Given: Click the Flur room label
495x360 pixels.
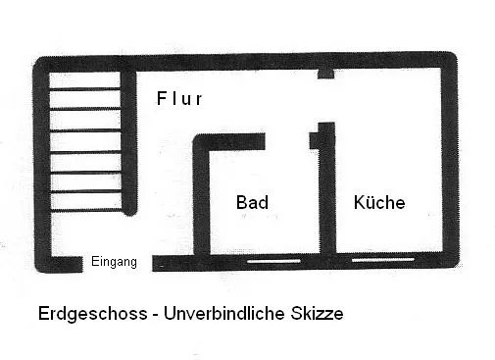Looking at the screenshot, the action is click(x=179, y=98).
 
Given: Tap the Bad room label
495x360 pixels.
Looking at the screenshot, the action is click(x=252, y=202).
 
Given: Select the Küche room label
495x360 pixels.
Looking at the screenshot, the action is click(x=379, y=202).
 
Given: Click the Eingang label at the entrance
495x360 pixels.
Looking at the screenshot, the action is click(x=114, y=262).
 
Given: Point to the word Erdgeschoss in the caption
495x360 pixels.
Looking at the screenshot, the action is click(x=93, y=314).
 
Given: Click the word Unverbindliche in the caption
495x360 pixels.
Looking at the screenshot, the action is click(x=224, y=313).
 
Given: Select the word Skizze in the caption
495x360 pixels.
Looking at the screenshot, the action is click(x=317, y=313).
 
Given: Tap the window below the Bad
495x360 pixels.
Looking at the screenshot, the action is click(x=273, y=261).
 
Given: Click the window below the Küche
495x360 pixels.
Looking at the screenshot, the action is click(x=383, y=260).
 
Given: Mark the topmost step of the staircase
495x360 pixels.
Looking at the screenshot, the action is click(x=85, y=89).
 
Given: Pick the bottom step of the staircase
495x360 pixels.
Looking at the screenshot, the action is click(x=86, y=210).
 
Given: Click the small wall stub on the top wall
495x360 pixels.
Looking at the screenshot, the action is click(x=325, y=74).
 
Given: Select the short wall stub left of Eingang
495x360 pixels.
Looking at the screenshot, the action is click(x=67, y=264).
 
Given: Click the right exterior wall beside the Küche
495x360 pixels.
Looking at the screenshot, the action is click(x=450, y=160).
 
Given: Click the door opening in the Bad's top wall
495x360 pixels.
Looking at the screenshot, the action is click(x=287, y=141).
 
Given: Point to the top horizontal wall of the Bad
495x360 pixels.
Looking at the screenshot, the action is click(x=229, y=141).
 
